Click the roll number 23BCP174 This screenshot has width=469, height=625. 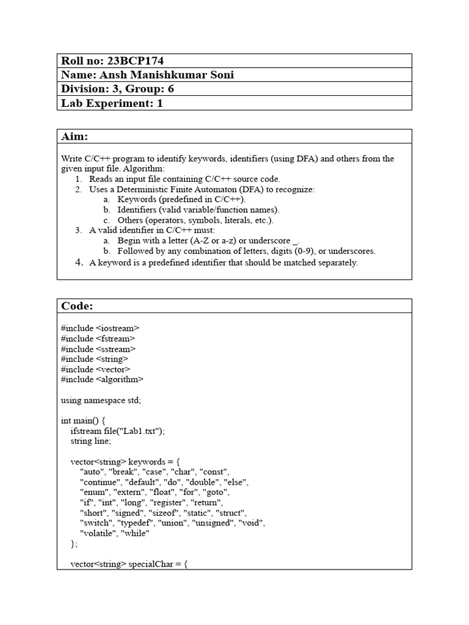pyautogui.click(x=135, y=61)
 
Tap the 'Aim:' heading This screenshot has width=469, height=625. pyautogui.click(x=75, y=136)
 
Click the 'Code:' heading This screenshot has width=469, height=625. pyautogui.click(x=77, y=306)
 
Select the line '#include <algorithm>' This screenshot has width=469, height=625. pyautogui.click(x=102, y=379)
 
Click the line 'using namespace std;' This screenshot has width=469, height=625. pyautogui.click(x=101, y=400)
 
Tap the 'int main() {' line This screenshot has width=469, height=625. pyautogui.click(x=83, y=421)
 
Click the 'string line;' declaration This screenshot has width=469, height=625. pyautogui.click(x=91, y=441)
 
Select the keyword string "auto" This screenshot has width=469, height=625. pyautogui.click(x=91, y=472)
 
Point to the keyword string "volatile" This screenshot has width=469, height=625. pyautogui.click(x=98, y=533)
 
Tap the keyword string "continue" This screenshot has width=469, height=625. pyautogui.click(x=100, y=482)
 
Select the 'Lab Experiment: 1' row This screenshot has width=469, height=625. pyautogui.click(x=112, y=103)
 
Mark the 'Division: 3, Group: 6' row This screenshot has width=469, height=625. pyautogui.click(x=121, y=89)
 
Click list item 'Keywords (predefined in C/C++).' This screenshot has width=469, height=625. pyautogui.click(x=182, y=200)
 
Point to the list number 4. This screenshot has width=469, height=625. pyautogui.click(x=79, y=262)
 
